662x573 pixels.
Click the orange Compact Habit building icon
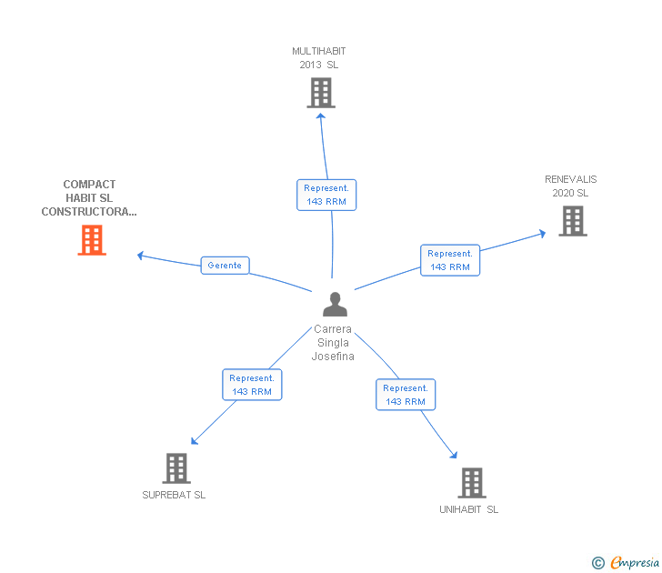click(92, 240)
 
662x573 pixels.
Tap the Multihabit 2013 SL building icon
click(320, 93)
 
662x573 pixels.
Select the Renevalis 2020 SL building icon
click(572, 221)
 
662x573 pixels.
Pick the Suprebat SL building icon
click(176, 468)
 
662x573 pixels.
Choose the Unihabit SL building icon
click(470, 483)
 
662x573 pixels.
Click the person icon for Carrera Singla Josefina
click(335, 305)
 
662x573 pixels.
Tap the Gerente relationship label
click(225, 266)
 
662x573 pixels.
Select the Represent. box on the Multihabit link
click(326, 195)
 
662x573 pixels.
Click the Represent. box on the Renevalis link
click(450, 260)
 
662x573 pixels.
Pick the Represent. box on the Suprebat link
click(252, 385)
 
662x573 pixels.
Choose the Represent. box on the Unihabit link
click(406, 395)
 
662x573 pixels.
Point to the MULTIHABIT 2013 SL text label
click(318, 58)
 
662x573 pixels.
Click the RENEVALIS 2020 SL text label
click(570, 186)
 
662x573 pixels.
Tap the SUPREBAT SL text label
click(174, 496)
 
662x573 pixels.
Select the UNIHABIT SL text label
click(468, 509)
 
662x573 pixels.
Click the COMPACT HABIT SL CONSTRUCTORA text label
click(89, 198)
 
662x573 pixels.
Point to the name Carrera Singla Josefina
click(334, 343)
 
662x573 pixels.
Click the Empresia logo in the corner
click(635, 563)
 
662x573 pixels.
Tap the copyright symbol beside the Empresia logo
click(598, 564)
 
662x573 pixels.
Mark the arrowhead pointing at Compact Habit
click(140, 256)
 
